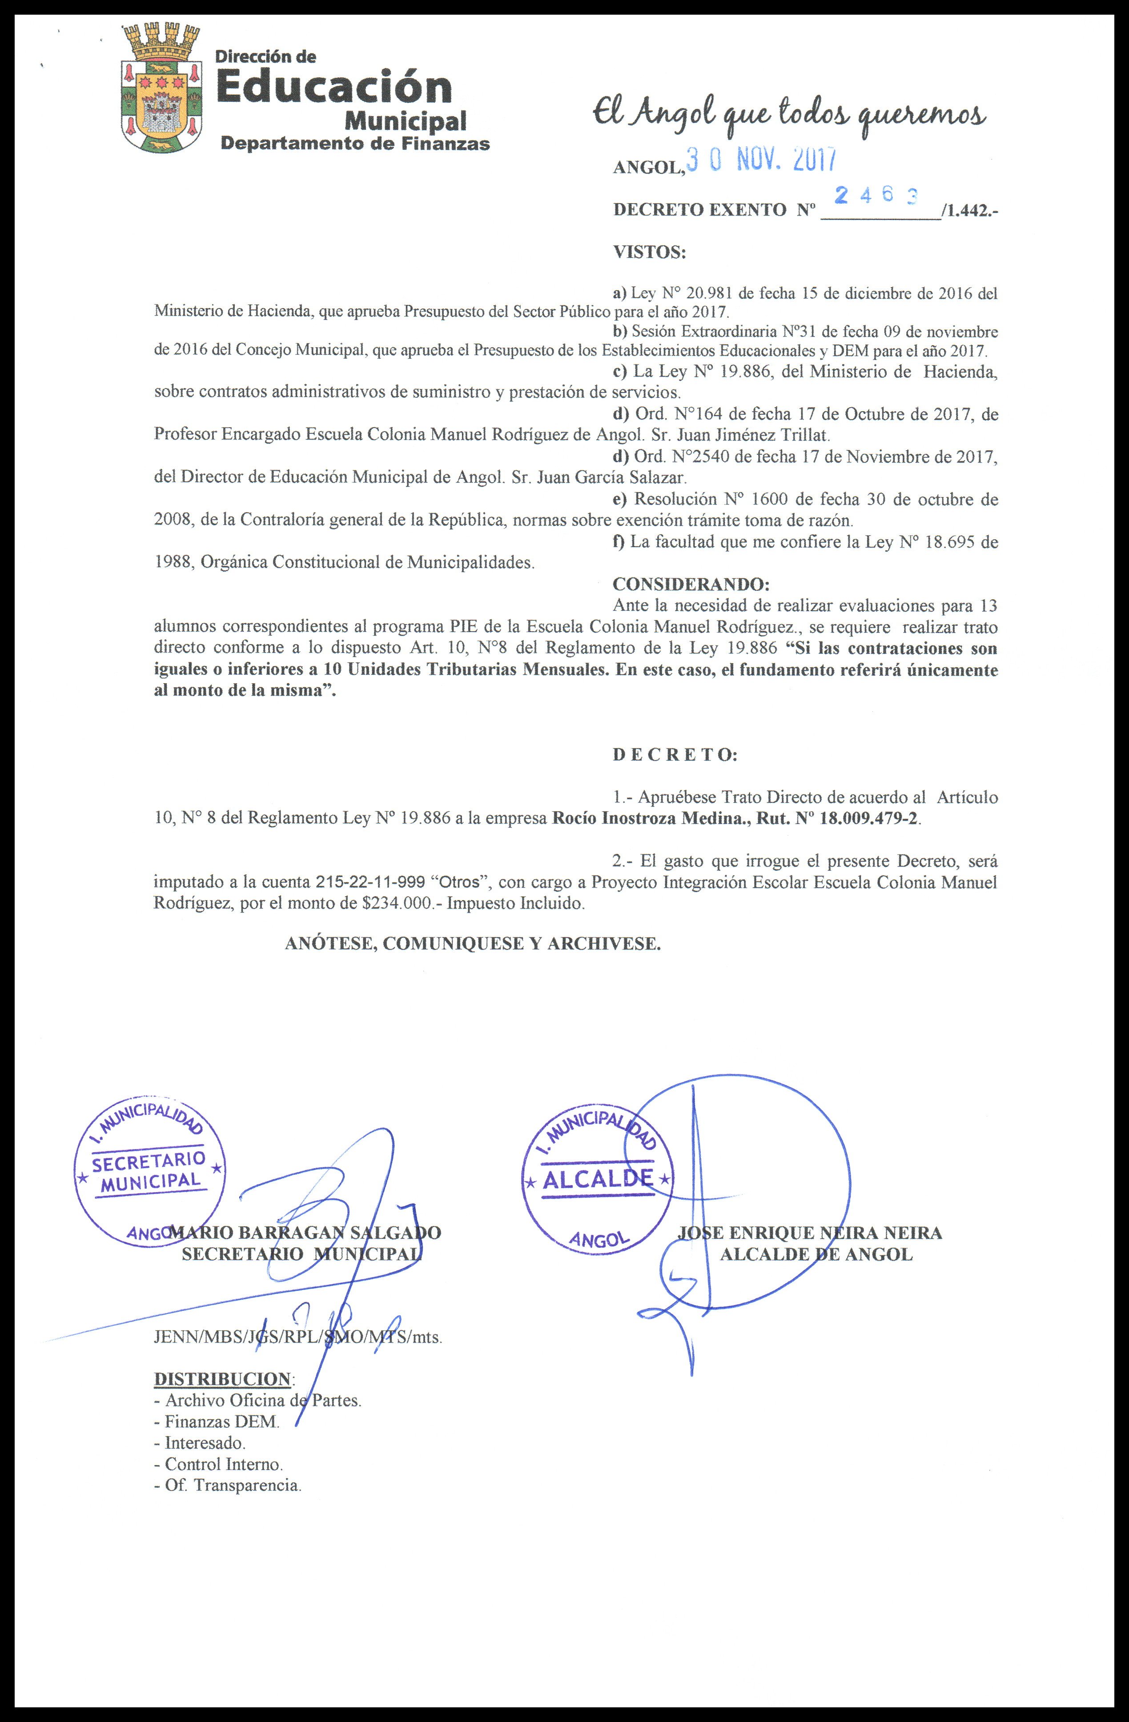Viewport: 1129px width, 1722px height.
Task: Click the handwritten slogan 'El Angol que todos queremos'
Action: click(x=788, y=114)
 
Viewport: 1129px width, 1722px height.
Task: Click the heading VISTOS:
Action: click(x=648, y=252)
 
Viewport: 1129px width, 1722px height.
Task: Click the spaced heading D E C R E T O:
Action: click(x=675, y=755)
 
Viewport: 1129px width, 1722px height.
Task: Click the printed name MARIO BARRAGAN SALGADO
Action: click(x=304, y=1232)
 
